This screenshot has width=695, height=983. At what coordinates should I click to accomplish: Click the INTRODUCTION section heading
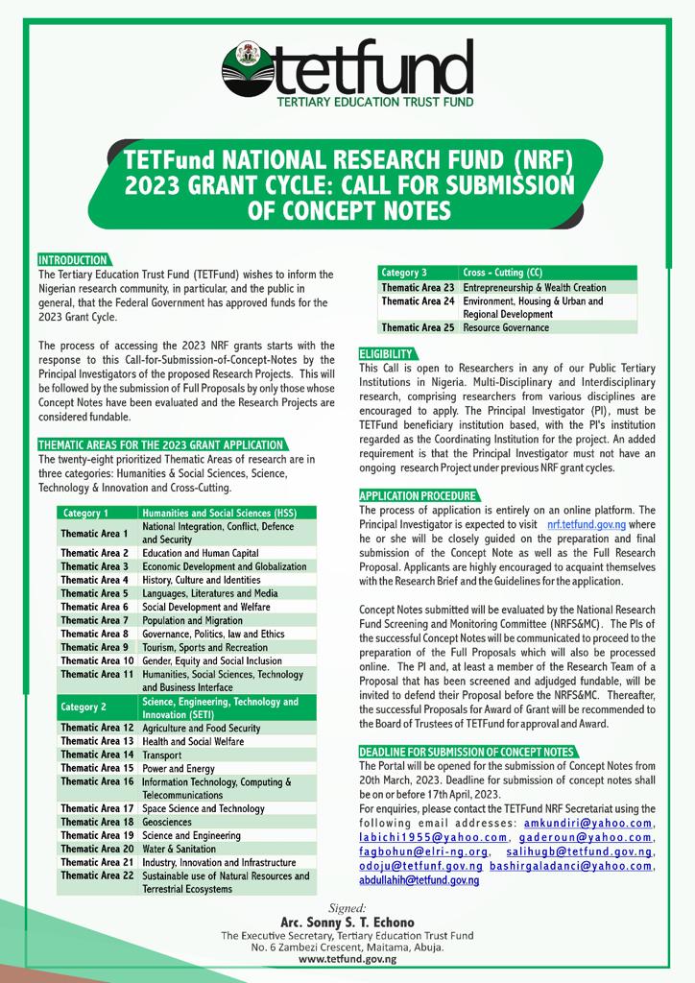(x=73, y=260)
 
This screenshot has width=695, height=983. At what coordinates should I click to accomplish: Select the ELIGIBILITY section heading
(x=387, y=353)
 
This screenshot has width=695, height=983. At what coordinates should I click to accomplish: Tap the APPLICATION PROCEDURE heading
(x=418, y=494)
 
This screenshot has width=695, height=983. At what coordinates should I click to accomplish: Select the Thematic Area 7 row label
(x=94, y=621)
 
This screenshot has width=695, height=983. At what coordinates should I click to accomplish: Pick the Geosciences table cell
(x=167, y=823)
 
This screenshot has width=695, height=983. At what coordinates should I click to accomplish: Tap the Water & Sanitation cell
(x=179, y=850)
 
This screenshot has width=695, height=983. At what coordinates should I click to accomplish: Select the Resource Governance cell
(x=506, y=327)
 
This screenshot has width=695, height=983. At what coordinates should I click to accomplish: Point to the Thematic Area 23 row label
(x=418, y=287)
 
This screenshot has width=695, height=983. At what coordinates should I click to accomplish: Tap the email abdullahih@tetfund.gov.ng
(x=419, y=880)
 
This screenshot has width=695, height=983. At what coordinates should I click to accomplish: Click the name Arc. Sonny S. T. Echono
(x=347, y=923)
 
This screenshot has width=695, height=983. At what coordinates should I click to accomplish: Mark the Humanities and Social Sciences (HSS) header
(x=220, y=513)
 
